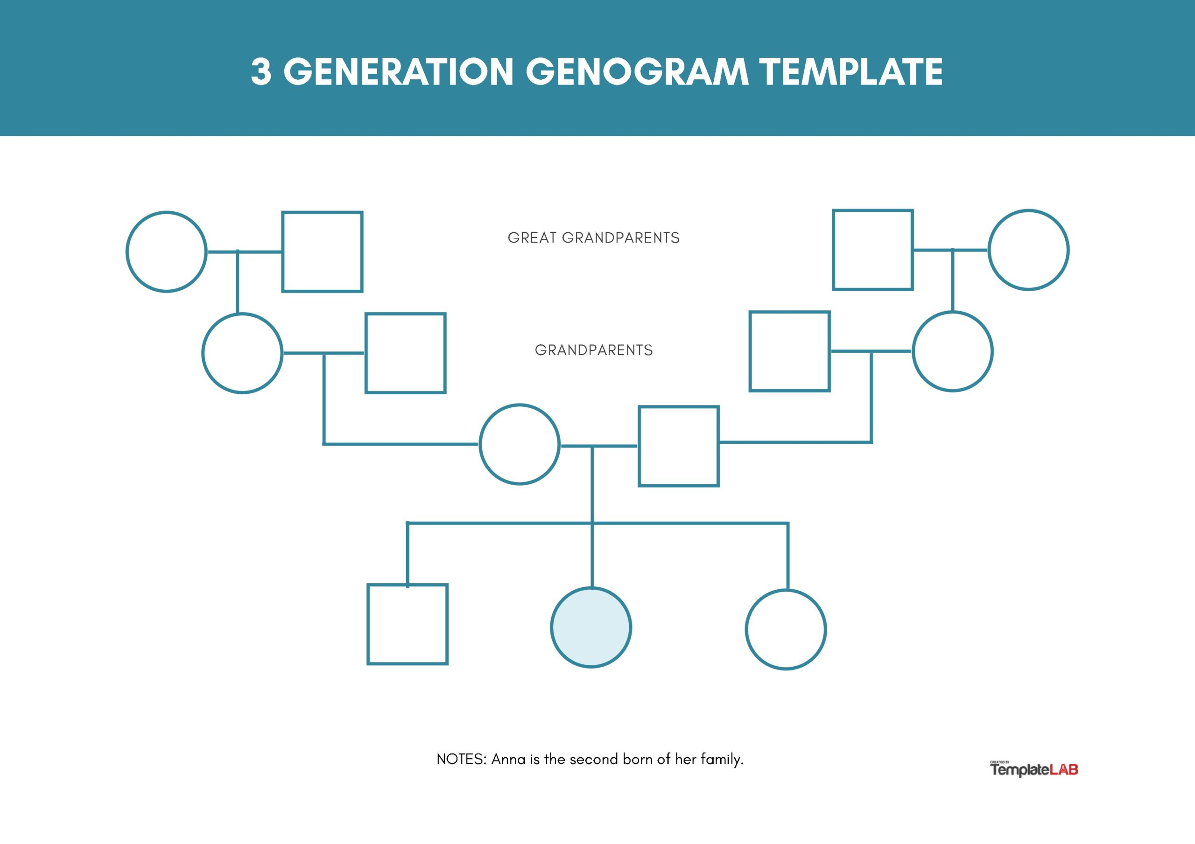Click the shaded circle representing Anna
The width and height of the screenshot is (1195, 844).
tap(591, 627)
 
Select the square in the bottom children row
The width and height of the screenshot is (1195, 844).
tap(408, 624)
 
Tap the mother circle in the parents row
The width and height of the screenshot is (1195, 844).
tap(520, 444)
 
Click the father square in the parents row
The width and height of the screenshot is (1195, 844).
tap(679, 446)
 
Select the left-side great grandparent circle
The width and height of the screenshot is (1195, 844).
tap(167, 251)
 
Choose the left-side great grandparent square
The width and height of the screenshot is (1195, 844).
tap(322, 251)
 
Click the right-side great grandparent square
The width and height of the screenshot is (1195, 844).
tap(873, 250)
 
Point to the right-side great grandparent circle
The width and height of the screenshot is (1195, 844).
tap(1028, 250)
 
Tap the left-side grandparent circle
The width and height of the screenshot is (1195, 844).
tap(243, 353)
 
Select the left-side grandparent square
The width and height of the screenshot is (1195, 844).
tap(406, 353)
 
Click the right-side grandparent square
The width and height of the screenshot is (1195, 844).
tap(789, 351)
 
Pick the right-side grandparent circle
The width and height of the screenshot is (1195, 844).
tap(952, 351)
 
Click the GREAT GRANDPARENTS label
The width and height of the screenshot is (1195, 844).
tap(593, 238)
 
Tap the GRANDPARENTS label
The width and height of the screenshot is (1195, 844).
tap(593, 350)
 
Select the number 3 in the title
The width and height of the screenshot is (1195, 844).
tap(261, 71)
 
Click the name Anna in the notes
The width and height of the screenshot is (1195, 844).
tap(508, 759)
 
